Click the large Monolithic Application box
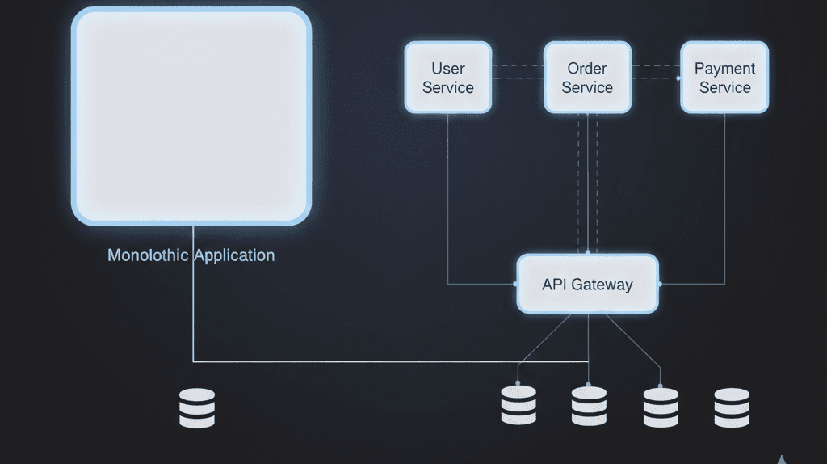click(191, 116)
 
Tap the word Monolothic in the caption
click(149, 255)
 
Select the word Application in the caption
click(233, 256)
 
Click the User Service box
click(448, 78)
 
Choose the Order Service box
click(587, 78)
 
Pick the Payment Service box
click(724, 78)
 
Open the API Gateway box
click(587, 284)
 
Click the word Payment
click(724, 69)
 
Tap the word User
click(448, 69)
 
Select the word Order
click(587, 69)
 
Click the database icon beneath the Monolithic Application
click(197, 408)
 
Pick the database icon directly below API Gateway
click(589, 405)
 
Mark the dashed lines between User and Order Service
click(517, 72)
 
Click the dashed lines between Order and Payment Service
click(656, 72)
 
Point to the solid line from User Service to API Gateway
click(448, 202)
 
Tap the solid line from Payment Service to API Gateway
click(724, 202)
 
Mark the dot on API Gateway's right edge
click(659, 284)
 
